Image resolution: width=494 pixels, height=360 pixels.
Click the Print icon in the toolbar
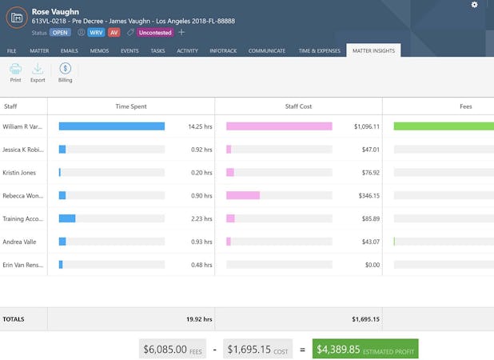15,70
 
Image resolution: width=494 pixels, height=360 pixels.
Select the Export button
38,70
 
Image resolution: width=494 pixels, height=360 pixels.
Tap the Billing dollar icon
65,70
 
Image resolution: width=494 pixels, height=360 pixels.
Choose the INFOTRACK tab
222,50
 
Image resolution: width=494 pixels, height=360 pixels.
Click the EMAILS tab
70,50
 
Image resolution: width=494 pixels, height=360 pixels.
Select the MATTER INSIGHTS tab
373,50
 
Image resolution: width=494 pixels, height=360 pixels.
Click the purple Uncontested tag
154,33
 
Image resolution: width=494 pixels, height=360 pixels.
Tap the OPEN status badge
61,33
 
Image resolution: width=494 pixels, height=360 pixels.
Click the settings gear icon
475,5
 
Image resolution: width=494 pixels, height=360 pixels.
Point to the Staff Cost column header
299,106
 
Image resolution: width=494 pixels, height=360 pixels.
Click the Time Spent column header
131,106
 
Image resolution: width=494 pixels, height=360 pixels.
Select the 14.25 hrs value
199,126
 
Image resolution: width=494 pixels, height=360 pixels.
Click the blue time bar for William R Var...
112,126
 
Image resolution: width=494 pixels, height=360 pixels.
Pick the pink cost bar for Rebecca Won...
243,195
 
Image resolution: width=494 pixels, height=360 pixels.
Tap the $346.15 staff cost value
366,195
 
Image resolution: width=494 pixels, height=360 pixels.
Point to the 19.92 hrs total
199,319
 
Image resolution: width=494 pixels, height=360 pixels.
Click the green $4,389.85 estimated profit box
365,349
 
